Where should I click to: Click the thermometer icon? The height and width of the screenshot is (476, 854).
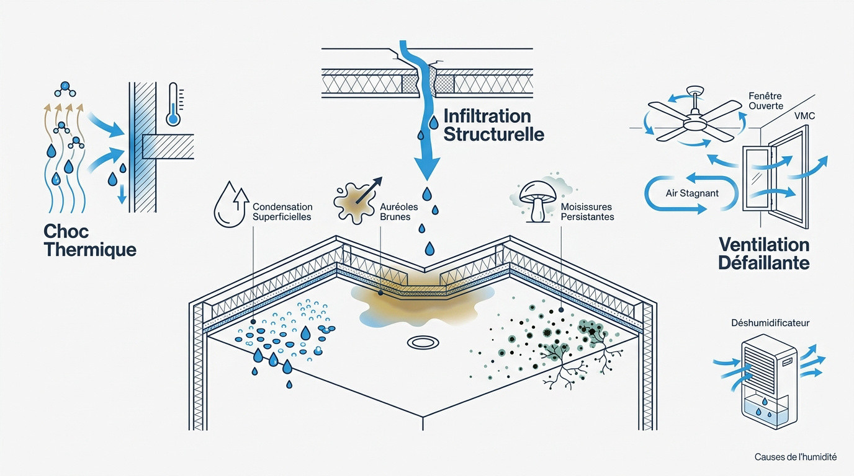(173, 104)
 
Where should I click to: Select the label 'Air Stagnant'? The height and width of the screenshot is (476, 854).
(692, 193)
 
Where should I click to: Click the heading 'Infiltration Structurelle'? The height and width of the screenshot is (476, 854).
(494, 125)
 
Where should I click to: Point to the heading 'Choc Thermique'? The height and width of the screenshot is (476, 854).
(90, 240)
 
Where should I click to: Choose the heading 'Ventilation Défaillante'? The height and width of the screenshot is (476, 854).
(763, 253)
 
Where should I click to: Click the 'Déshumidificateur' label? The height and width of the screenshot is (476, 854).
(770, 323)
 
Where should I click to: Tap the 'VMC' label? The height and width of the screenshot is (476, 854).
(804, 116)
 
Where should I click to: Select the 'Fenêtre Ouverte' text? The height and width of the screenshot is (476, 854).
(765, 101)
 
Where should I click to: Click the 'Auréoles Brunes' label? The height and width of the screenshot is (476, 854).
(399, 212)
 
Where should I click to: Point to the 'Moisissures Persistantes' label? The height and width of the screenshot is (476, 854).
(587, 212)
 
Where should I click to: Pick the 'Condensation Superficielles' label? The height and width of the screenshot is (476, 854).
(282, 212)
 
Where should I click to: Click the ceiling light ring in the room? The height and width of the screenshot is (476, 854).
(423, 342)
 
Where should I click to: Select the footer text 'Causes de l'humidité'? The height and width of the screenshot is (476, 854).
(795, 457)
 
